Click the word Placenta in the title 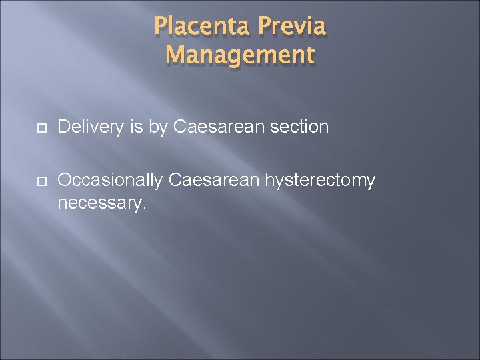click(201, 27)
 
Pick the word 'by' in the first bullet click(158, 127)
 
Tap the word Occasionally click(110, 181)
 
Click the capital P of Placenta click(160, 27)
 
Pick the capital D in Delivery click(64, 127)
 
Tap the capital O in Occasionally click(65, 180)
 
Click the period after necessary click(143, 208)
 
